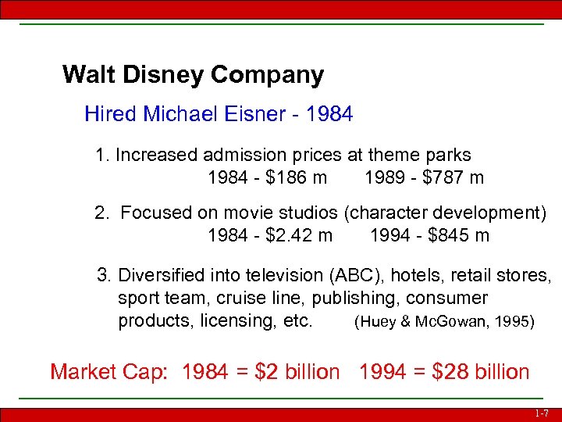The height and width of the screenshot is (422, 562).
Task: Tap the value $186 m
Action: point(297,177)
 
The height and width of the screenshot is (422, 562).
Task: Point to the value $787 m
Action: point(453,177)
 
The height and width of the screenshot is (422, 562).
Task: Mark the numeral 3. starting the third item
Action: point(103,276)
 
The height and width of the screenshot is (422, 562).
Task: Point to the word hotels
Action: point(418,276)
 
